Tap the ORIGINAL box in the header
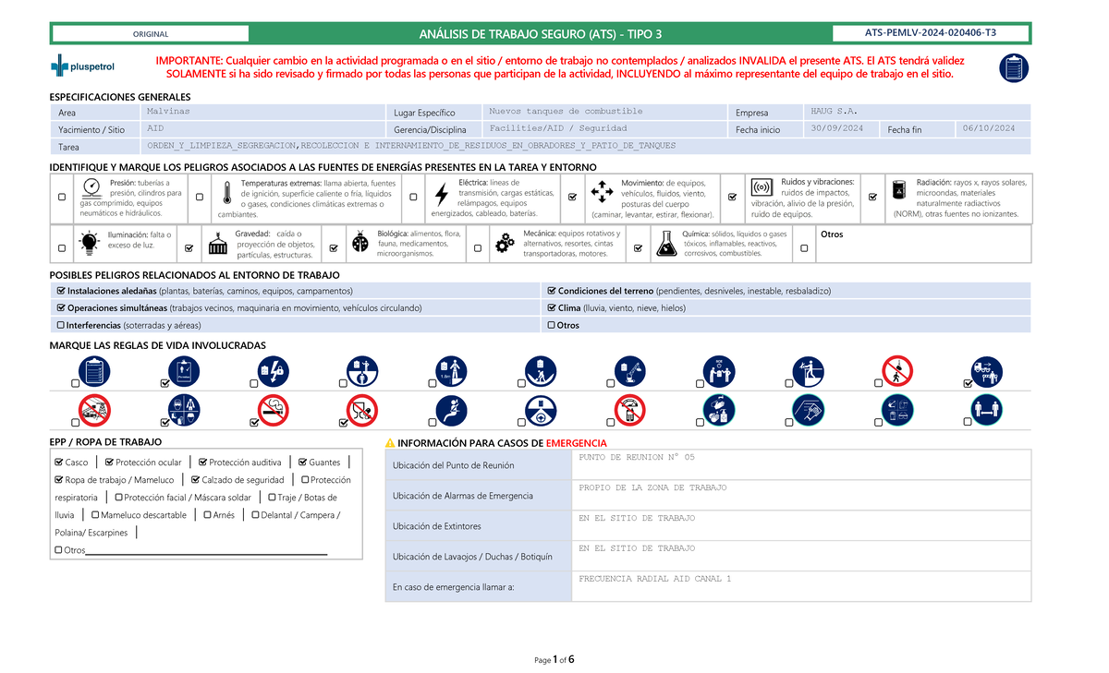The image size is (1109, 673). point(151,34)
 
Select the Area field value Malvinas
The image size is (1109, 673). point(168,111)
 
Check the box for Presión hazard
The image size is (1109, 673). point(62,197)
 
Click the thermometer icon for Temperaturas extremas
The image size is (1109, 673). point(226,193)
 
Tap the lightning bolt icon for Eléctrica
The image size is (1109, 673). point(442,195)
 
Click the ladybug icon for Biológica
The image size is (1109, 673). point(360,242)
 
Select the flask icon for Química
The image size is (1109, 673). point(665,242)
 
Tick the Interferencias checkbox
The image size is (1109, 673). point(61,326)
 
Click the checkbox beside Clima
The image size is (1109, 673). point(551,308)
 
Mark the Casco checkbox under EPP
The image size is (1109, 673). point(60,463)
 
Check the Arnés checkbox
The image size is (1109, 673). point(207,515)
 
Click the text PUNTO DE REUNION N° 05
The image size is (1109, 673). point(636,457)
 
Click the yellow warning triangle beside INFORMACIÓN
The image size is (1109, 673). point(390,443)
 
